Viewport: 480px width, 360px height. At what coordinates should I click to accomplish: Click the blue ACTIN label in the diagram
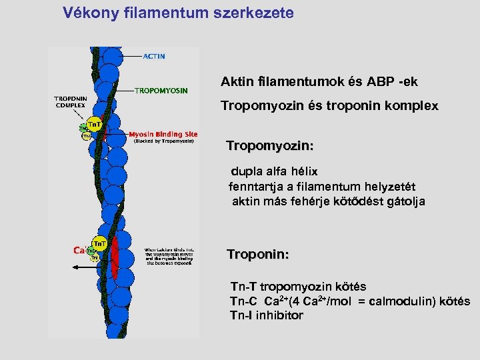click(x=154, y=57)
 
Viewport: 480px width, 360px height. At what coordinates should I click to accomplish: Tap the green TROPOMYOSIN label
click(x=161, y=90)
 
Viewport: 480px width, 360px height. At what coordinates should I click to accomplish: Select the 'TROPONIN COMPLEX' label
click(x=70, y=102)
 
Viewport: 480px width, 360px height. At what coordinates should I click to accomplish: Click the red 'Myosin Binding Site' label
click(x=163, y=134)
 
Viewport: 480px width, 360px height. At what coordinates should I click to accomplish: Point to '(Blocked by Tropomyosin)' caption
click(x=163, y=141)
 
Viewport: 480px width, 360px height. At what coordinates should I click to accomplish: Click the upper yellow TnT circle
click(x=95, y=125)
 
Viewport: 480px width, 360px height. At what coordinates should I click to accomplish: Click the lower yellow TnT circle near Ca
click(x=99, y=242)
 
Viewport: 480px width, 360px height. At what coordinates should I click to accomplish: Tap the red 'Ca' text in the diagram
click(x=78, y=251)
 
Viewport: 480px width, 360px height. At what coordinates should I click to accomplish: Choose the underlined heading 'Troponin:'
click(x=257, y=255)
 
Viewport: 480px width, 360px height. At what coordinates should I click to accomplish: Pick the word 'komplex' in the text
click(x=412, y=106)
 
